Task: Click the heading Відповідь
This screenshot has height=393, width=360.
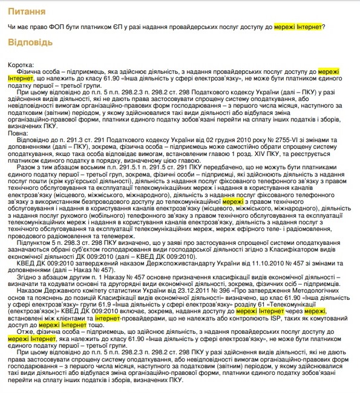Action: point(31,44)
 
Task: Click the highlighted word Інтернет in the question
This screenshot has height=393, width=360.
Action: point(307,26)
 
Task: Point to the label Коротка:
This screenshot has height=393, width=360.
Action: point(22,65)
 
